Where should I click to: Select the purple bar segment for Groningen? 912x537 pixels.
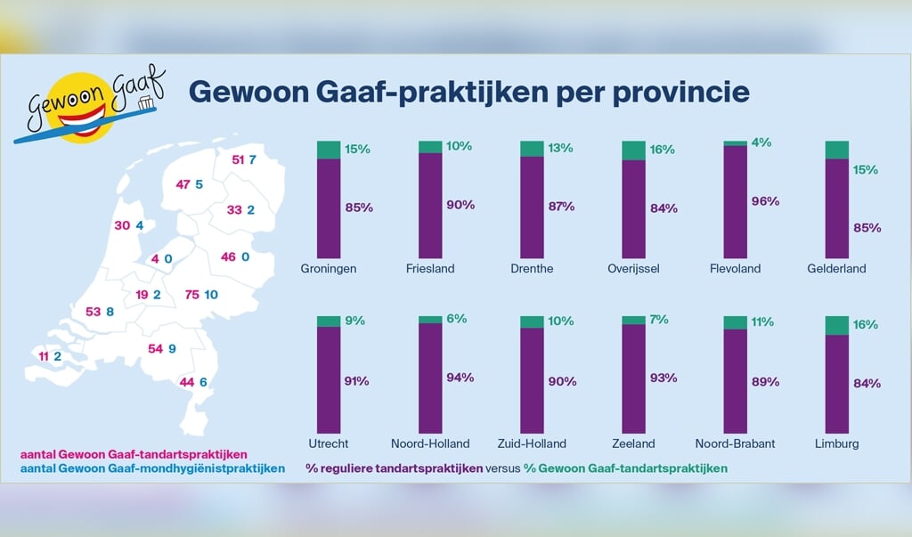(329, 208)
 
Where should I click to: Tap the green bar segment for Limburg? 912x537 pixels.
(836, 325)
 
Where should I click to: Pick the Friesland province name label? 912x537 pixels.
(430, 268)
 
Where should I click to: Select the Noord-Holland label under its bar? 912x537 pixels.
(430, 443)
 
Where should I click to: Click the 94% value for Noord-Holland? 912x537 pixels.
(460, 378)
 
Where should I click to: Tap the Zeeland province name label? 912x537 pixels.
(633, 443)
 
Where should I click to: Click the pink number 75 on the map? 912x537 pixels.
(192, 295)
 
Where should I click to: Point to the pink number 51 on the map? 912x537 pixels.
(238, 160)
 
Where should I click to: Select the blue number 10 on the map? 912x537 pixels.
(211, 295)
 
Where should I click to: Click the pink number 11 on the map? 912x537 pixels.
(45, 356)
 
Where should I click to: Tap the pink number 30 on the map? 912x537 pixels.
(122, 225)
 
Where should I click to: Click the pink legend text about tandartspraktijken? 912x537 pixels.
(134, 454)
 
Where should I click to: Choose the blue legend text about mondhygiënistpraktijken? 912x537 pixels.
(152, 468)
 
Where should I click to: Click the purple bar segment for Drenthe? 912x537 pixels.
(532, 208)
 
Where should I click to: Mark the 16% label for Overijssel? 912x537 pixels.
(664, 150)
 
